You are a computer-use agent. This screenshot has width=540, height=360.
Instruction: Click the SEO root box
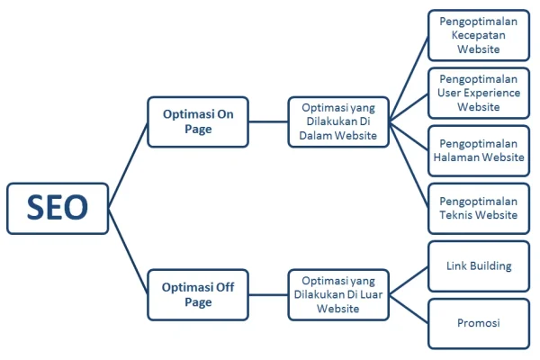click(58, 209)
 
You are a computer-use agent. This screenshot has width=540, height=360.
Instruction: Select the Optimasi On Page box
click(198, 122)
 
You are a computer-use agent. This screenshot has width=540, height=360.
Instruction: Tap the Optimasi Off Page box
click(198, 295)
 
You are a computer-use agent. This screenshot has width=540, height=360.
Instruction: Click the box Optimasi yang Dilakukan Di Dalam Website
click(338, 122)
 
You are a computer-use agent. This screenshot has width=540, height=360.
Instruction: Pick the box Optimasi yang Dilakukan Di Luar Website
click(338, 295)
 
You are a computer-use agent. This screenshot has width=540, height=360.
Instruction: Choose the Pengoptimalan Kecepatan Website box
click(479, 35)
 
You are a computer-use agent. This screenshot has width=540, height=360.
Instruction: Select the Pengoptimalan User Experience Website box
click(479, 93)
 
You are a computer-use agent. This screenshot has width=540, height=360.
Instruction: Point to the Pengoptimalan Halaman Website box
click(479, 151)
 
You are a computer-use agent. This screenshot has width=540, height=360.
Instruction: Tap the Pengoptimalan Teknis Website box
click(479, 209)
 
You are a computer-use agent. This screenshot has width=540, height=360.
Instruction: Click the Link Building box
click(479, 266)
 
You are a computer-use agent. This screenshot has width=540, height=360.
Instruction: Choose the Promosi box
click(479, 324)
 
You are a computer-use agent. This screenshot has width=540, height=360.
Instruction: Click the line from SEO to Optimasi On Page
click(128, 166)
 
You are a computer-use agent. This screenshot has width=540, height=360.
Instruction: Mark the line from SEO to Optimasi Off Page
click(128, 251)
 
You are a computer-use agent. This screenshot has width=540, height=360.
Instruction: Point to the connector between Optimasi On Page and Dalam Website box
click(268, 121)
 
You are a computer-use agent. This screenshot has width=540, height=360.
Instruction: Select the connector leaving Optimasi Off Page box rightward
click(268, 295)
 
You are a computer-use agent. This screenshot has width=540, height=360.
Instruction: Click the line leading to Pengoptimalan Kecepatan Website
click(409, 78)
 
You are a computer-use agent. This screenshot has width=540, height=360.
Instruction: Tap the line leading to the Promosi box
click(409, 310)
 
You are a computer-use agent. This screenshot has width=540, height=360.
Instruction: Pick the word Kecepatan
click(479, 35)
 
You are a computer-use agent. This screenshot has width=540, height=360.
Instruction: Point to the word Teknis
click(454, 215)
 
